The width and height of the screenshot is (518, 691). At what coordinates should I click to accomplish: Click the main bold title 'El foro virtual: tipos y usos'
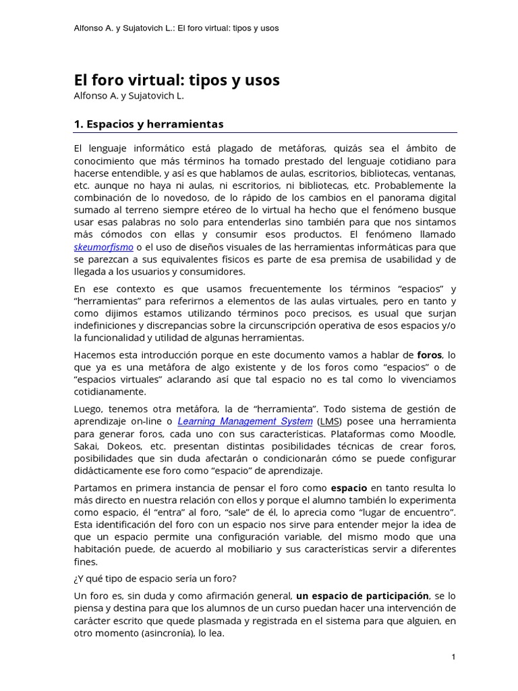point(176,80)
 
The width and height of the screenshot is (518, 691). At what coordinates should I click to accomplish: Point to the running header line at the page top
point(176,28)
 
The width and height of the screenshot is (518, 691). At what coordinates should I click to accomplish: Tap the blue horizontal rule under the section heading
point(264,133)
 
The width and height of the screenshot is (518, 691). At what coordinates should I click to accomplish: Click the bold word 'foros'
point(430,354)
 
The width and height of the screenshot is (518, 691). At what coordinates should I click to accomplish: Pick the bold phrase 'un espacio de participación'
point(362,595)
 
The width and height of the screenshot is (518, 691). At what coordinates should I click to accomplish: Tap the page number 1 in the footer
point(454,657)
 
